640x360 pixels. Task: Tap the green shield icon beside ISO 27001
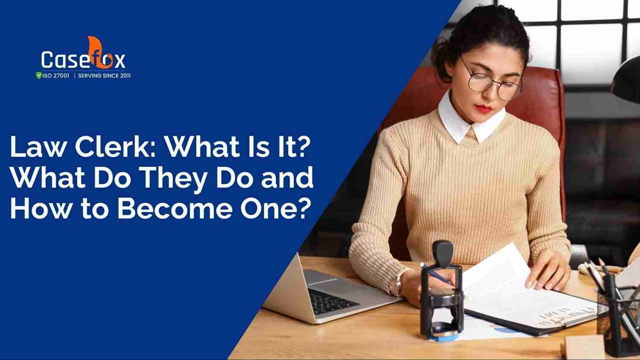(39, 76)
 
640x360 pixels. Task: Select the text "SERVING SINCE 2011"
(104, 76)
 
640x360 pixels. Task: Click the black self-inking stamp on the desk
(442, 290)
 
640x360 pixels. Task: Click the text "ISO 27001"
(56, 76)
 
